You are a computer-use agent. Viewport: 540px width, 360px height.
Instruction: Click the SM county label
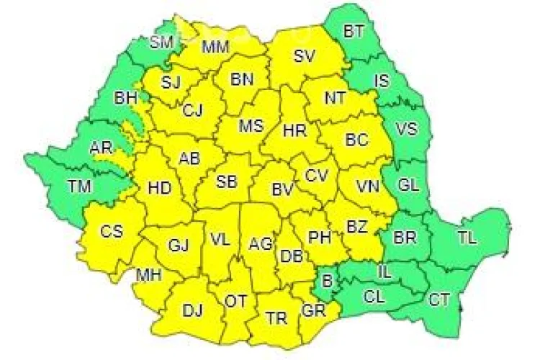162,42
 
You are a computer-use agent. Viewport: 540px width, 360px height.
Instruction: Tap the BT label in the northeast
354,31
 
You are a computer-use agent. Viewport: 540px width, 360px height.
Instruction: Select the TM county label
80,186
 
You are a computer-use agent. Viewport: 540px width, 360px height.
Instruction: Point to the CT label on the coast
440,298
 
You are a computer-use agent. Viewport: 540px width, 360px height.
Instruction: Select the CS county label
112,231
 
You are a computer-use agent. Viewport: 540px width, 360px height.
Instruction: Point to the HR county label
295,130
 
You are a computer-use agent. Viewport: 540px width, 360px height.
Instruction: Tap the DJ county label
192,310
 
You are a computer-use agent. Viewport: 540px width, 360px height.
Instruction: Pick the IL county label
386,271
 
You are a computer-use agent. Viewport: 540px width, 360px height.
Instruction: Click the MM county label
215,48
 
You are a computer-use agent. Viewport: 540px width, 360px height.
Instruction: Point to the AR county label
100,148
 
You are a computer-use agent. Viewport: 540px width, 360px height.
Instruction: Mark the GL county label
408,185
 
